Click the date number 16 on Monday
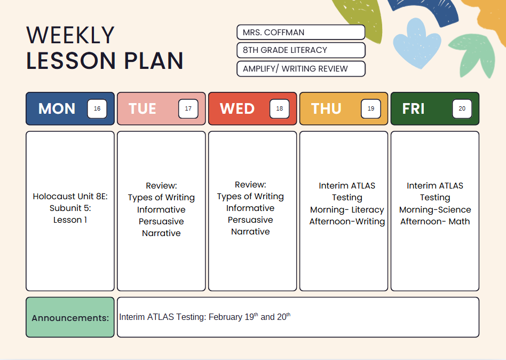97,108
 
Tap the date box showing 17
188,108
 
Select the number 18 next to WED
280,108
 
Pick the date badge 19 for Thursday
371,108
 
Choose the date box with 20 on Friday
462,108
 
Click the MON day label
57,108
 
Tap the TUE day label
143,108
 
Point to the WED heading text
237,108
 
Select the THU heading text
326,108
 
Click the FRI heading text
413,108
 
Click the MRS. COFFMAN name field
301,32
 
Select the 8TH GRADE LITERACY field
301,50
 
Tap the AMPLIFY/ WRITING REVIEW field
301,69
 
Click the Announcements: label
70,318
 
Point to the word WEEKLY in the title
70,35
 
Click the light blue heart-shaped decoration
416,43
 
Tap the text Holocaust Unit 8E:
70,197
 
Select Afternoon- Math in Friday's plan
435,222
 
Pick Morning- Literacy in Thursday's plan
347,210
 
